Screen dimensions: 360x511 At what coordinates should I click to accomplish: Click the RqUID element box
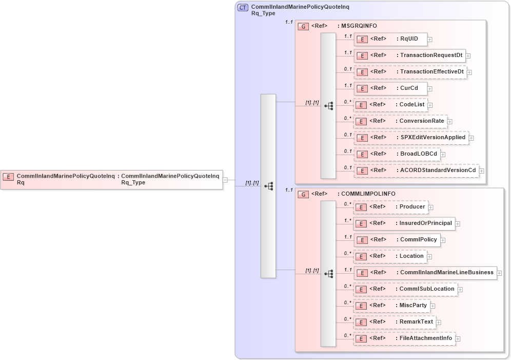(x=390, y=39)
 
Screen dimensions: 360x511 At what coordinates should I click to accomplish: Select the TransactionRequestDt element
(x=409, y=55)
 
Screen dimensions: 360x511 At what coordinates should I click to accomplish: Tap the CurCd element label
(x=409, y=88)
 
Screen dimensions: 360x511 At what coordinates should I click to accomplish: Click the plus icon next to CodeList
(x=431, y=105)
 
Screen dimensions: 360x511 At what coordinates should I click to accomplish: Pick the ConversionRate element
(x=400, y=121)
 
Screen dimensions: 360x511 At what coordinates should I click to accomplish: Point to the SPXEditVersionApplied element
(x=411, y=138)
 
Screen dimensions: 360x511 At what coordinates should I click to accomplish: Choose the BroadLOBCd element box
(x=396, y=154)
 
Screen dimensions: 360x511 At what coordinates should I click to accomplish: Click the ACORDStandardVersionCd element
(x=416, y=170)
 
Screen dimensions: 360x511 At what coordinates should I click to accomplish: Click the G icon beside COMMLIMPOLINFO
(x=303, y=194)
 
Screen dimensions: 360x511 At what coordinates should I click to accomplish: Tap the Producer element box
(x=390, y=207)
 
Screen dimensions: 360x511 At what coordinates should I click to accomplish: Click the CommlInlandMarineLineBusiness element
(x=425, y=273)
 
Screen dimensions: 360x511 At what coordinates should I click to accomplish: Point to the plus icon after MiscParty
(x=433, y=306)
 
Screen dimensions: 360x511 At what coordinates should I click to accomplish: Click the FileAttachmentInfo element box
(x=404, y=338)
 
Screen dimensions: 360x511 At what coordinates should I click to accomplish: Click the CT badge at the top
(x=243, y=8)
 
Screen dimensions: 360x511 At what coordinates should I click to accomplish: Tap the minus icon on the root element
(x=225, y=180)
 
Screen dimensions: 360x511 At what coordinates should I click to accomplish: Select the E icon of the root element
(x=8, y=176)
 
